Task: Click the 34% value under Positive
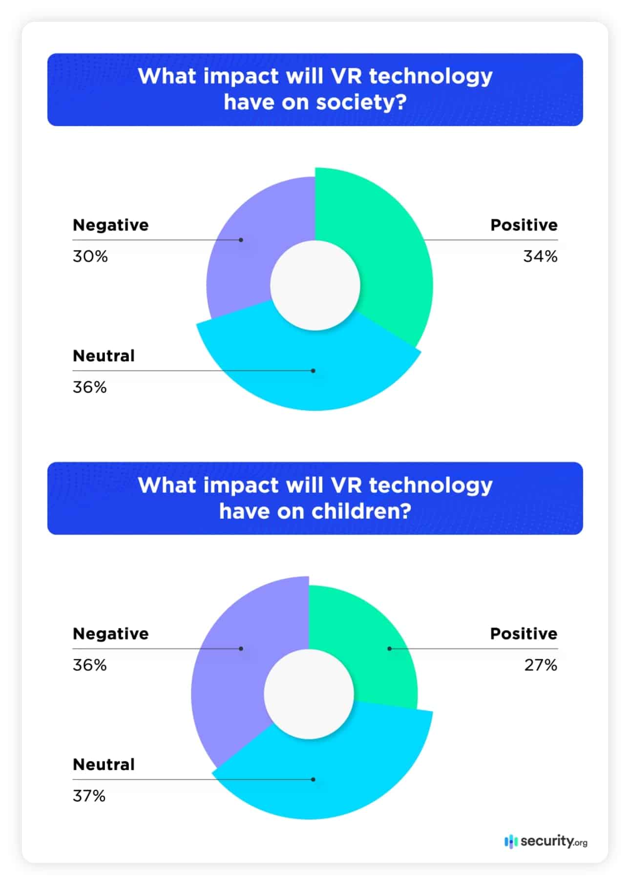540,256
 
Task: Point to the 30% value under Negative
90,256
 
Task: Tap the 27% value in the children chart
541,665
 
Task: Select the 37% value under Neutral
89,796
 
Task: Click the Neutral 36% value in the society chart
90,387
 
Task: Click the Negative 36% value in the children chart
90,665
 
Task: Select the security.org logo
546,841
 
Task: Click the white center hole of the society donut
315,286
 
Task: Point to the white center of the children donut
309,694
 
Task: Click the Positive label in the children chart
524,633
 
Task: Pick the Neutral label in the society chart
104,356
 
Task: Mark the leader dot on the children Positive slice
389,649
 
